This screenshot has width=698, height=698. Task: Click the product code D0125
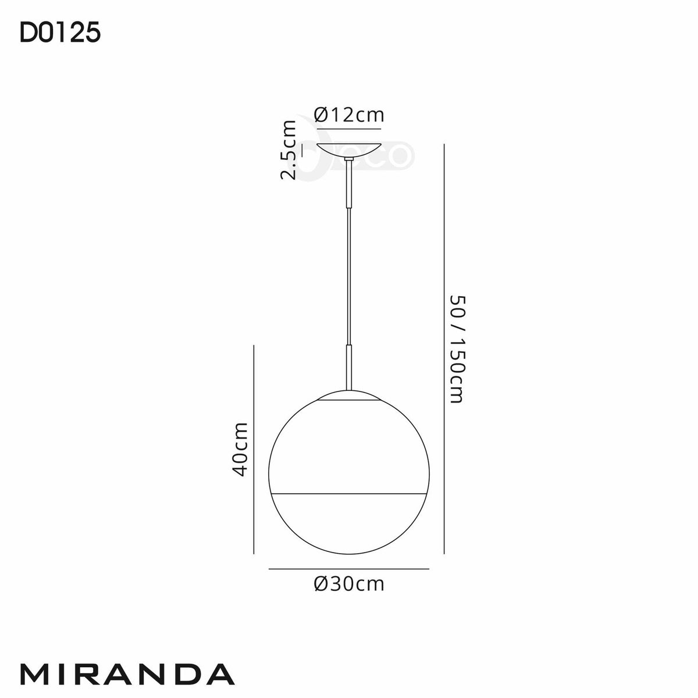pyautogui.click(x=60, y=34)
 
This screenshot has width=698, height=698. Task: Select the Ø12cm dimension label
pyautogui.click(x=348, y=115)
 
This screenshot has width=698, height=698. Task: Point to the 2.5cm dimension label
pyautogui.click(x=289, y=149)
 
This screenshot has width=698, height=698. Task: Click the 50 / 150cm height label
pyautogui.click(x=456, y=349)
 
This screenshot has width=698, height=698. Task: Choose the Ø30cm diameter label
pyautogui.click(x=348, y=583)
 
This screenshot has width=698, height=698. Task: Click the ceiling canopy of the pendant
pyautogui.click(x=348, y=151)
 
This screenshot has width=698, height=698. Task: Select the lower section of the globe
pyautogui.click(x=348, y=523)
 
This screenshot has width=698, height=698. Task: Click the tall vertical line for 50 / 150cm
pyautogui.click(x=444, y=349)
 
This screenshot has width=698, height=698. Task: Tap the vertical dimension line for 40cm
pyautogui.click(x=255, y=448)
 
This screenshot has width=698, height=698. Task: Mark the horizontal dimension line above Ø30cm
pyautogui.click(x=348, y=568)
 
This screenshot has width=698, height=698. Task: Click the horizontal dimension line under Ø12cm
pyautogui.click(x=348, y=127)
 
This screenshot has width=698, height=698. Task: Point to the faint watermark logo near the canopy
pyautogui.click(x=396, y=156)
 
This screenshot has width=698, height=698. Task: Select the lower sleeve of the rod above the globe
pyautogui.click(x=348, y=366)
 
